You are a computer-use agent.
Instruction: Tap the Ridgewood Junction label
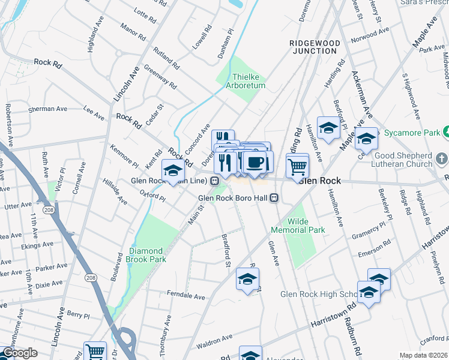click(315, 47)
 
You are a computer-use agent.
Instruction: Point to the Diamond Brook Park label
click(146, 255)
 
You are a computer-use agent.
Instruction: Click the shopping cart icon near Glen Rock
click(297, 165)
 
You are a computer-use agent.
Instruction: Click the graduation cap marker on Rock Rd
click(173, 171)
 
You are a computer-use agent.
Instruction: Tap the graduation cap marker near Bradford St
click(247, 279)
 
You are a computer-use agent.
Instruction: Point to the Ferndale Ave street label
click(187, 296)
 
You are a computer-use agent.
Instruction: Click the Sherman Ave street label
click(49, 109)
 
